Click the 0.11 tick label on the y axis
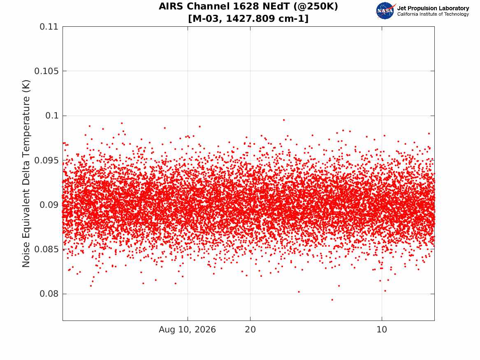(x=49, y=27)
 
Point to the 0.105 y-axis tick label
(x=46, y=71)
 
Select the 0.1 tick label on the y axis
(x=52, y=116)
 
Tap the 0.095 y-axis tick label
(x=46, y=160)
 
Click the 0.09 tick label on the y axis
(x=49, y=205)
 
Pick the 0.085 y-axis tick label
(x=46, y=249)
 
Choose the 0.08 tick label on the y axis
(x=49, y=294)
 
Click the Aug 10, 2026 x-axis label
(x=187, y=330)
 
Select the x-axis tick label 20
(x=250, y=330)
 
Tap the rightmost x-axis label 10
(x=382, y=330)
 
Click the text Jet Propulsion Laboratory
(x=433, y=8)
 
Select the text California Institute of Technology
(x=433, y=14)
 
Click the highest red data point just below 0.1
(x=284, y=120)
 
